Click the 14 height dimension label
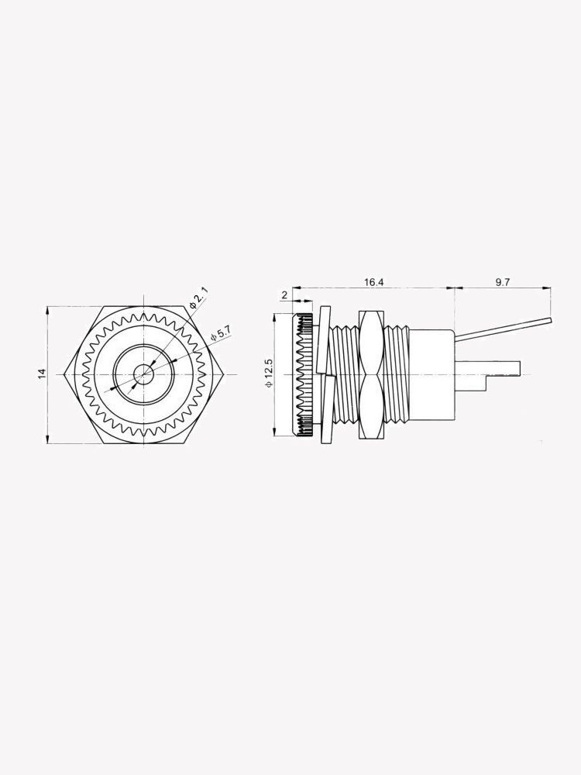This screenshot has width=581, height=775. [43, 374]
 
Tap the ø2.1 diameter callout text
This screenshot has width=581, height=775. [200, 298]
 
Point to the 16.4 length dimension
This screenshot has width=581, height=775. [373, 282]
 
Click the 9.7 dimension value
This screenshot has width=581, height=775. [502, 282]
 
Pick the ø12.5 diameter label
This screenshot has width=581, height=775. [269, 374]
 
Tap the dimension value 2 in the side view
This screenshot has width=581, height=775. [284, 295]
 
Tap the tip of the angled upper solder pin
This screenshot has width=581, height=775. [549, 319]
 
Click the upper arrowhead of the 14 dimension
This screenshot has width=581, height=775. [48, 308]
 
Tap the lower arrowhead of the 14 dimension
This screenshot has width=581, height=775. [48, 441]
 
